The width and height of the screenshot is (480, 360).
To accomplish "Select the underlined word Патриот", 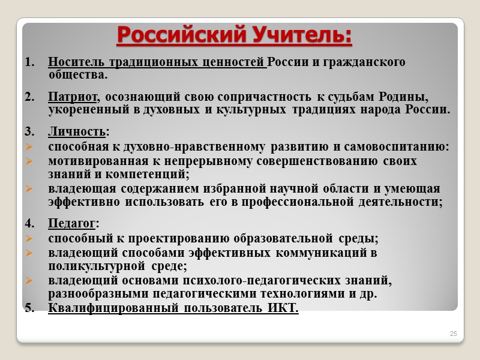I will click(x=73, y=97).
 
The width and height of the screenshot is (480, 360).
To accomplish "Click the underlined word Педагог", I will click(x=71, y=224).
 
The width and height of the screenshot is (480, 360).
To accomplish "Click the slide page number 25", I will click(x=454, y=333).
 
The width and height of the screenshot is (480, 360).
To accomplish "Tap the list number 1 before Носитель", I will click(x=29, y=62).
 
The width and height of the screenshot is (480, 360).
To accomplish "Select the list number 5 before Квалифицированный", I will click(x=29, y=308).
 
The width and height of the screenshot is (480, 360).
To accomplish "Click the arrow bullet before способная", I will click(x=29, y=147).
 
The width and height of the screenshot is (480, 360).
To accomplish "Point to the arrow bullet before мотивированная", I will click(x=29, y=161).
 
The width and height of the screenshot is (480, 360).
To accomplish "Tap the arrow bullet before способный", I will click(x=29, y=239).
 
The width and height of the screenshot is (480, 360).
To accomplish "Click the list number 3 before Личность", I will click(x=29, y=131).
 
